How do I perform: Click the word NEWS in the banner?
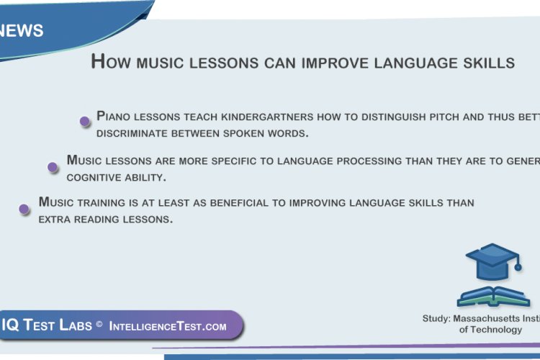[x=22, y=31]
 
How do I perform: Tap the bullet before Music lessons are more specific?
[x=53, y=167]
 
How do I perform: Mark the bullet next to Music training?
[x=24, y=210]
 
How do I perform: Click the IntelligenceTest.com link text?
[x=168, y=326]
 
